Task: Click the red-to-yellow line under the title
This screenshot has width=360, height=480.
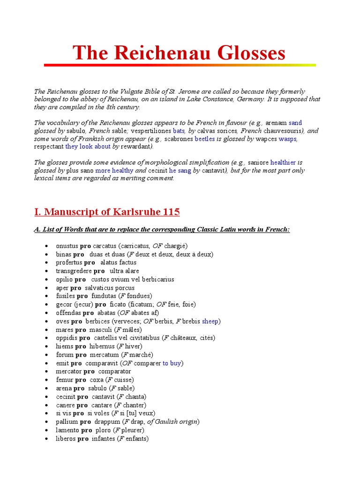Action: click(x=180, y=65)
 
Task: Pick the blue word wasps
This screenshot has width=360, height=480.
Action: click(x=288, y=139)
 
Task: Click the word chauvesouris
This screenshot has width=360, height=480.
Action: click(x=278, y=131)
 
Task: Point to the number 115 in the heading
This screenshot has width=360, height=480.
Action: click(x=171, y=212)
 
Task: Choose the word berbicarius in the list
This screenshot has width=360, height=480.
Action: click(x=156, y=279)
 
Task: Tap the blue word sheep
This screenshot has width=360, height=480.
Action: click(x=210, y=321)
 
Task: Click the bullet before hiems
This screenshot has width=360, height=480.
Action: click(x=46, y=347)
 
